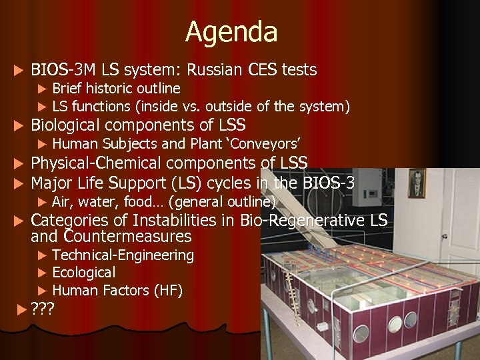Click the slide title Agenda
(x=231, y=32)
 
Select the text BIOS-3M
(x=63, y=69)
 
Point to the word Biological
(x=66, y=125)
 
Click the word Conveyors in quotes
(x=273, y=143)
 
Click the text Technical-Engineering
(x=123, y=255)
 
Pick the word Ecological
(x=83, y=272)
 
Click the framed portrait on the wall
(x=417, y=183)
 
